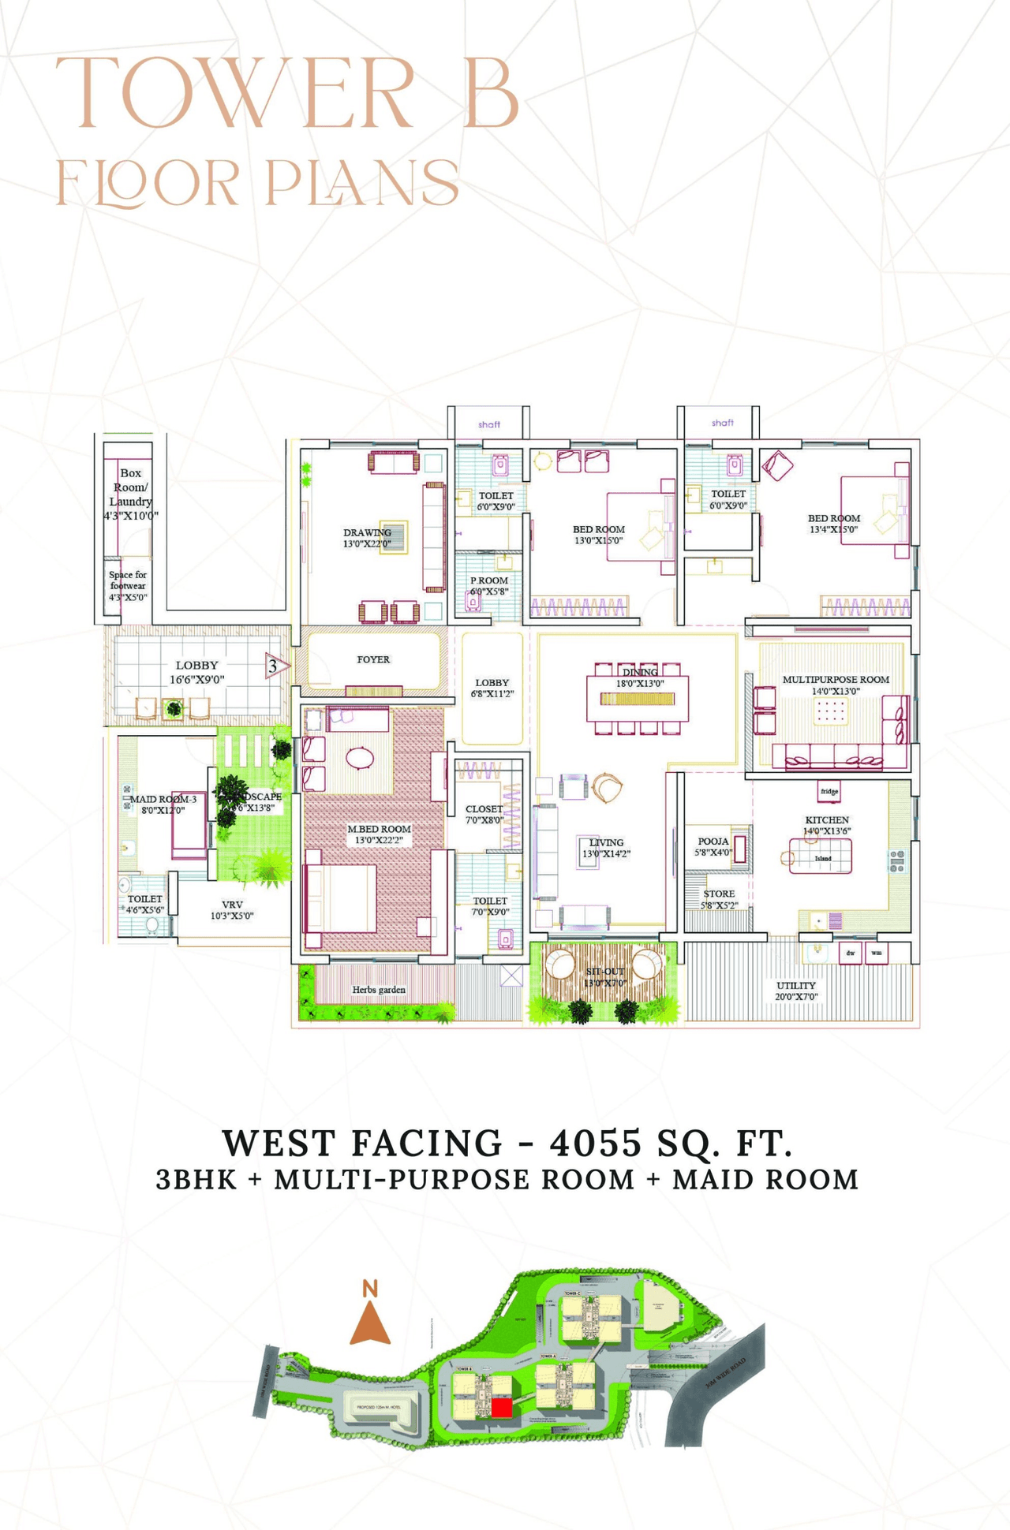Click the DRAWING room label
[367, 538]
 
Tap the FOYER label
[373, 659]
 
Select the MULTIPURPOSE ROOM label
[836, 685]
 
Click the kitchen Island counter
[821, 856]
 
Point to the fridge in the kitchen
[829, 791]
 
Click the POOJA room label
[713, 846]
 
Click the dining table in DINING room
[638, 699]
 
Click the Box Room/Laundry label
[130, 494]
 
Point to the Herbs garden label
[379, 990]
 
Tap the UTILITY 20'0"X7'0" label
[795, 991]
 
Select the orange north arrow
[370, 1324]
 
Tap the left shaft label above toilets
[489, 424]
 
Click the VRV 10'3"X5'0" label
[232, 910]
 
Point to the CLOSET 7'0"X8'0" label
[484, 814]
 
